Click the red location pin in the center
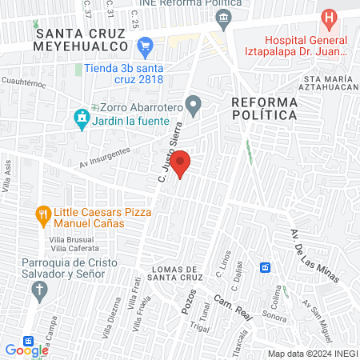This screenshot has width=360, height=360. tap(182, 163)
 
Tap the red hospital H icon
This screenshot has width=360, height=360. tap(328, 18)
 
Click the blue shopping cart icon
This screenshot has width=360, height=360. tap(146, 47)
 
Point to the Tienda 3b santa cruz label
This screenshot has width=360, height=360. tap(124, 73)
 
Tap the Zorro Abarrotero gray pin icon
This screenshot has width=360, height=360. tap(193, 104)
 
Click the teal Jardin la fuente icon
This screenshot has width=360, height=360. tap(81, 118)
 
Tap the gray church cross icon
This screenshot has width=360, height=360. tap(38, 291)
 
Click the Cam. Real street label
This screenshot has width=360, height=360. tap(233, 307)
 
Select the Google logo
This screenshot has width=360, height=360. tap(26, 350)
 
